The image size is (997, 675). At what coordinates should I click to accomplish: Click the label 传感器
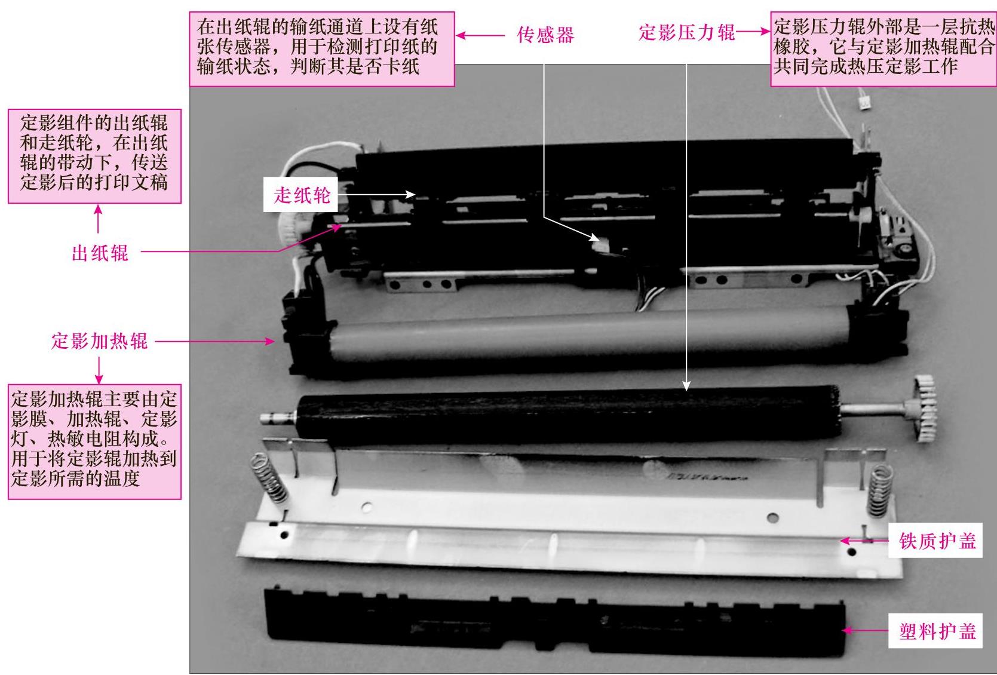(x=545, y=35)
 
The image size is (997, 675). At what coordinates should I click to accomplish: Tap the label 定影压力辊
(x=686, y=32)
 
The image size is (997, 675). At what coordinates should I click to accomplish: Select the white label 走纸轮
(x=301, y=195)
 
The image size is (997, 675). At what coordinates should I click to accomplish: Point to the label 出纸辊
(x=100, y=253)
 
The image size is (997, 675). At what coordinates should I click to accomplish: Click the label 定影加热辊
(x=99, y=341)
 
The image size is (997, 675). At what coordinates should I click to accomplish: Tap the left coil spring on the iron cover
(x=269, y=479)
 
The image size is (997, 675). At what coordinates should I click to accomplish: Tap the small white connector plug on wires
(x=864, y=103)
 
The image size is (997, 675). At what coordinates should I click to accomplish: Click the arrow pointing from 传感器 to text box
(x=480, y=35)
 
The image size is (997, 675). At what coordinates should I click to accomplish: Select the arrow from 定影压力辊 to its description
(x=753, y=31)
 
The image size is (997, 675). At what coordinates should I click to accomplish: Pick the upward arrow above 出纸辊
(x=98, y=219)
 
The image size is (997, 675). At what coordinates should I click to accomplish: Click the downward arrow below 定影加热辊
(x=99, y=370)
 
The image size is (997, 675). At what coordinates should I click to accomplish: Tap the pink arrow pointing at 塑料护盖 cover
(x=864, y=631)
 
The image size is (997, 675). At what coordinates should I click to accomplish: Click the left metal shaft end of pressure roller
(x=278, y=418)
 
